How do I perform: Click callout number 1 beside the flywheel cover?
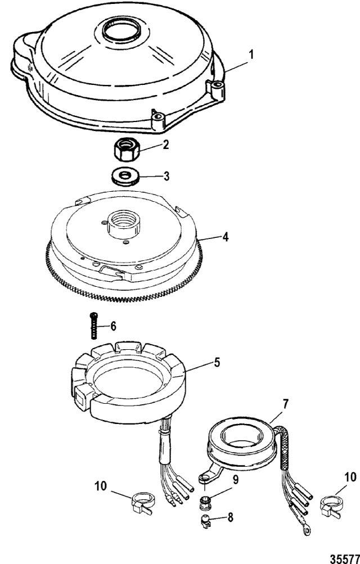click(251, 56)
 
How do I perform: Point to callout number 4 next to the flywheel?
click(225, 237)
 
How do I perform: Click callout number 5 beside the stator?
click(217, 362)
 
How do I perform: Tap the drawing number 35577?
click(345, 557)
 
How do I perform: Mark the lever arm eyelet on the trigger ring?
click(205, 478)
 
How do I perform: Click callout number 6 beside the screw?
click(113, 326)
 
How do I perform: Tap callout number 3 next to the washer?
click(166, 176)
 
